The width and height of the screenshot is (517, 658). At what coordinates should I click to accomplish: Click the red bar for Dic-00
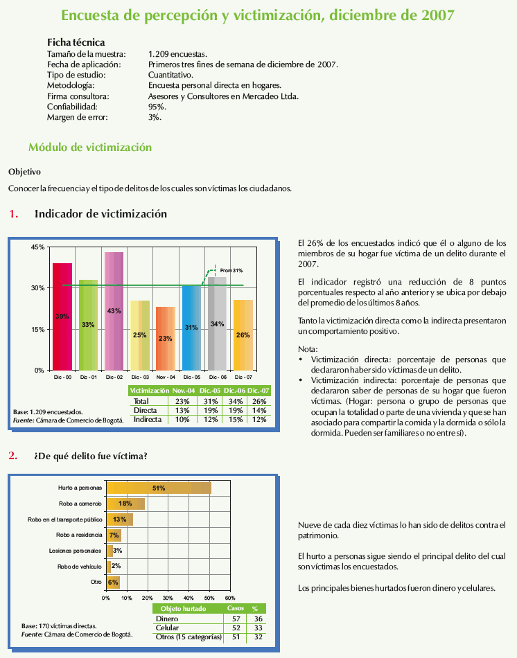(62, 317)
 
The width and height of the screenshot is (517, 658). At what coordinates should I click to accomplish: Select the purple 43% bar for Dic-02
(114, 310)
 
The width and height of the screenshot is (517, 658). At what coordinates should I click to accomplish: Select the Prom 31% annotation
(231, 270)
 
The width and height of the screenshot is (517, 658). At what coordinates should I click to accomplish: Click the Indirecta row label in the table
(147, 419)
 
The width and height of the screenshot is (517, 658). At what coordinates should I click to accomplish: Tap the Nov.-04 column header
(184, 391)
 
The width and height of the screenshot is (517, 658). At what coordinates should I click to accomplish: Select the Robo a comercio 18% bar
(125, 504)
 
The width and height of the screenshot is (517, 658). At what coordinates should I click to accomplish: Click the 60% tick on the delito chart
(230, 597)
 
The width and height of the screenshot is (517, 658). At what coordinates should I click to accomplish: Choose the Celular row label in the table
(168, 628)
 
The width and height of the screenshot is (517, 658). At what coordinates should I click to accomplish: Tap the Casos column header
(236, 608)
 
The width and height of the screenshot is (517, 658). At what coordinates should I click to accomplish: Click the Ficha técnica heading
(76, 42)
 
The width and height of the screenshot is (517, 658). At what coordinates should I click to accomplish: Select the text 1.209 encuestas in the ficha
(177, 53)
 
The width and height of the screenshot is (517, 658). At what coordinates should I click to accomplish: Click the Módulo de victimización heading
(89, 147)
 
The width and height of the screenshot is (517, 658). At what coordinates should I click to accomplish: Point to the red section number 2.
(12, 455)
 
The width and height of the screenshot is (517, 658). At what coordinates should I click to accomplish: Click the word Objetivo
(24, 171)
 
